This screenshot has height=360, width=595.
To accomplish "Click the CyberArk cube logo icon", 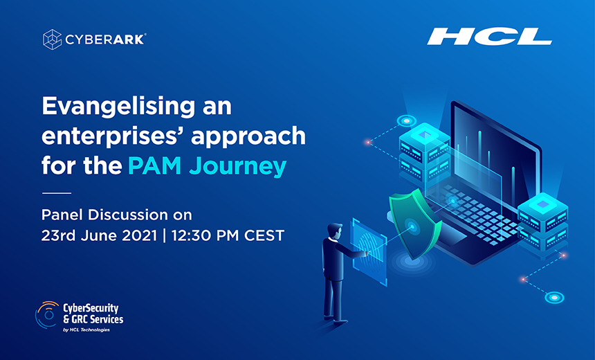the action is (x=53, y=39).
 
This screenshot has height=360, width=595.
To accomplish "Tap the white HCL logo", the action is (x=490, y=37).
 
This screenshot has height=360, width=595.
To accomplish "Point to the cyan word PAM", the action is (x=154, y=166).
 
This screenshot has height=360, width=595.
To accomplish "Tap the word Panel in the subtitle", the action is (x=62, y=215).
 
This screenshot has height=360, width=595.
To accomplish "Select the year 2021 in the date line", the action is (x=139, y=235).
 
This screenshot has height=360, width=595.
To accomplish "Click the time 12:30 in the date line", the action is (x=191, y=235).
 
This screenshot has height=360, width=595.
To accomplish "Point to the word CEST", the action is (x=264, y=235).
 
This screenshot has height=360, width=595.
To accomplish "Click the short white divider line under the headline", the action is (x=57, y=193).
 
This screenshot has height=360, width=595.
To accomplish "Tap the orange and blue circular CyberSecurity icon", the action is (x=48, y=314).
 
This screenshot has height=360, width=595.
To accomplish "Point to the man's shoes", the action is (x=336, y=319).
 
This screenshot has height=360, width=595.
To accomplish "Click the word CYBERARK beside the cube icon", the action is (x=105, y=39).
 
